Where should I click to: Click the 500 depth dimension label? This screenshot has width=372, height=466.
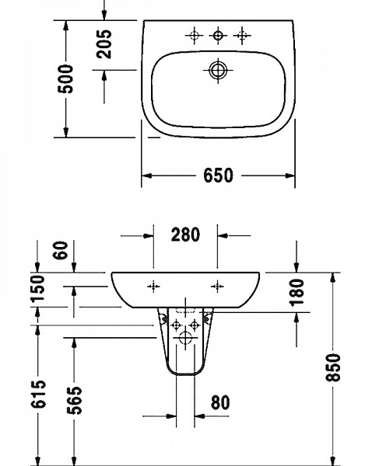click(68, 78)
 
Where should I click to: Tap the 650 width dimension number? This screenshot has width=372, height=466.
click(219, 176)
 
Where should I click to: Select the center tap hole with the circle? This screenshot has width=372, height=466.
click(219, 35)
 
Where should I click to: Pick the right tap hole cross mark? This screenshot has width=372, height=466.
click(244, 35)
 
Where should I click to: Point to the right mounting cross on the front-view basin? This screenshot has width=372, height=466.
click(216, 286)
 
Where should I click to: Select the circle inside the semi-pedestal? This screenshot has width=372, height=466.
click(186, 338)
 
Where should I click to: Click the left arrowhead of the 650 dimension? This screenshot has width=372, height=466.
click(145, 176)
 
